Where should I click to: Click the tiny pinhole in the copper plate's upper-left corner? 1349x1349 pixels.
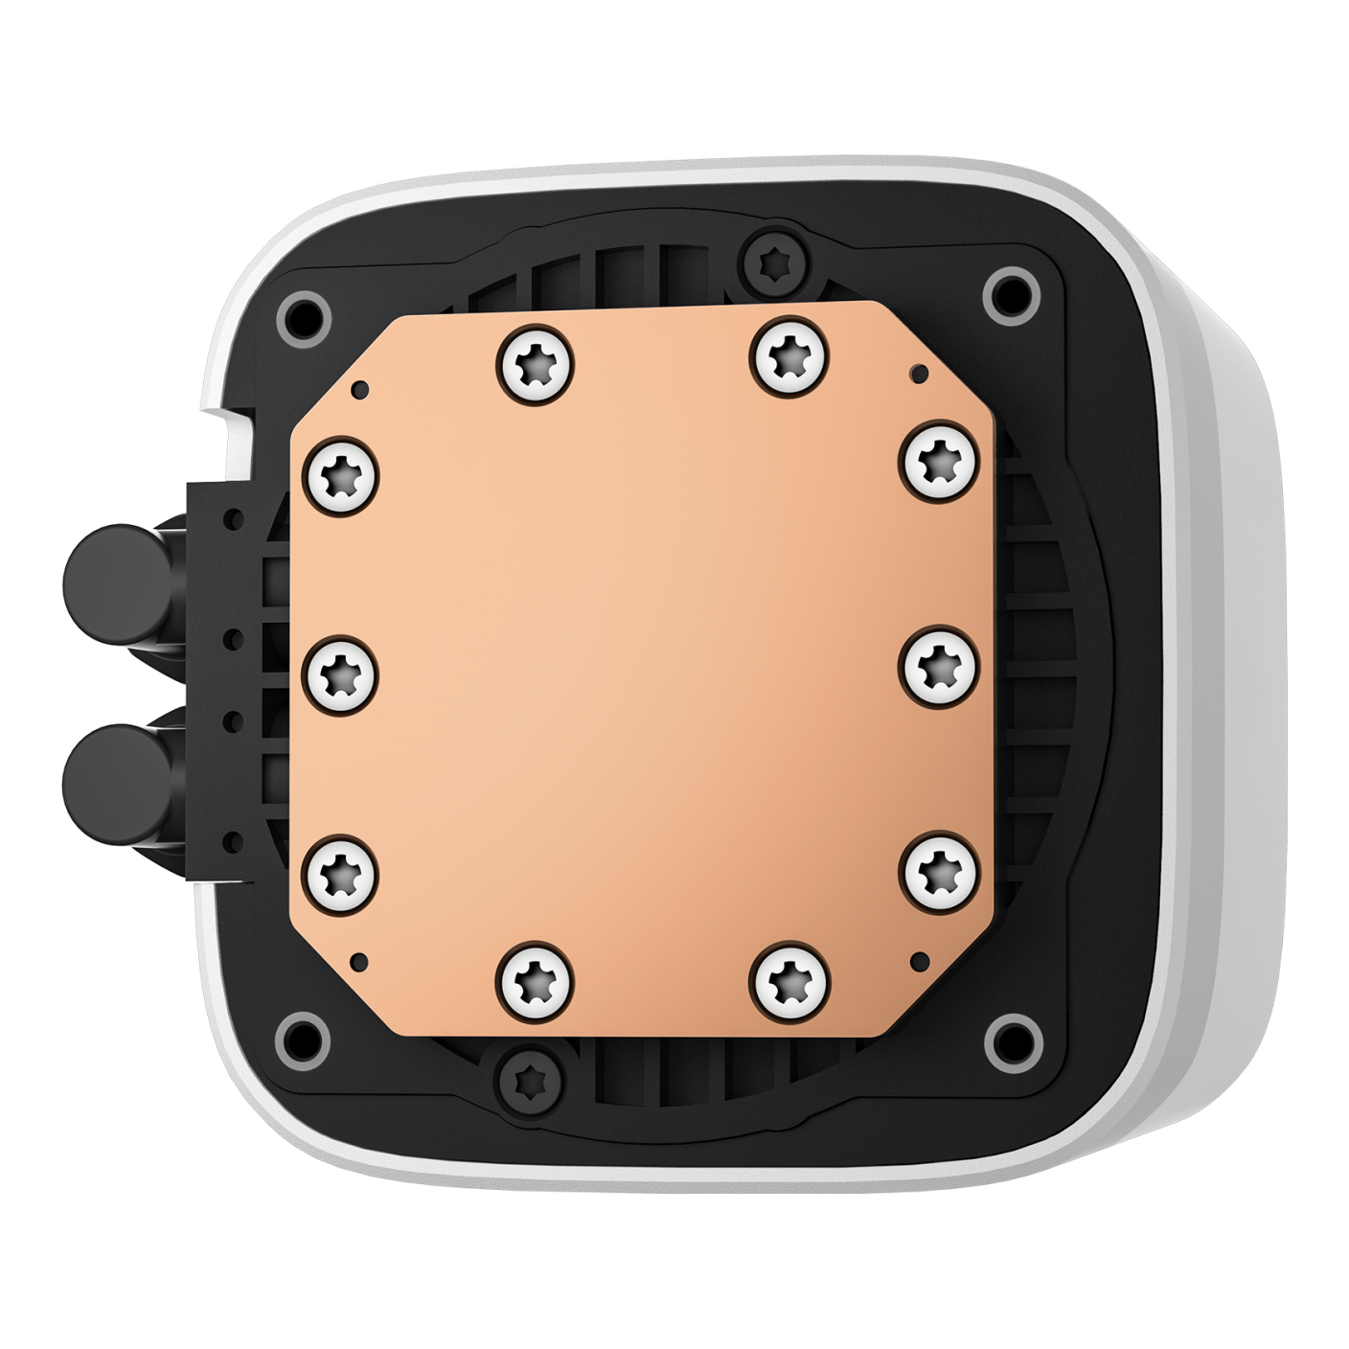(359, 389)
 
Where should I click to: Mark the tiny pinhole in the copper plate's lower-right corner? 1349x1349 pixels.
(922, 957)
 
